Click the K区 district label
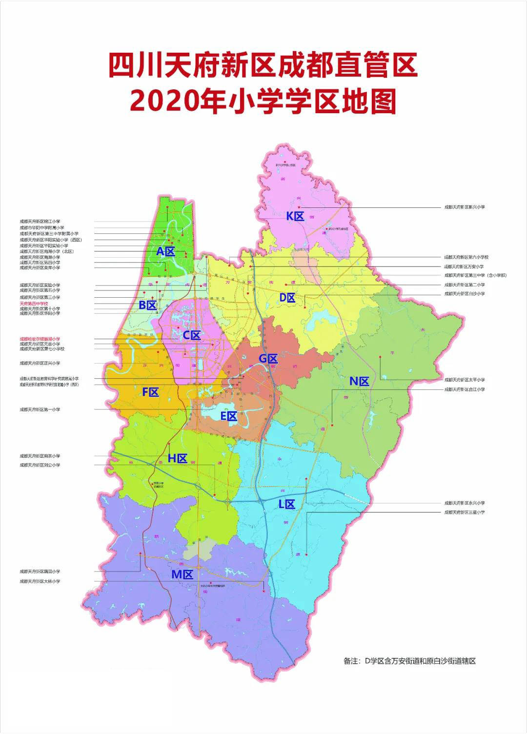click(x=295, y=216)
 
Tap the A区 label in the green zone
click(x=165, y=252)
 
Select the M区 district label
click(x=182, y=575)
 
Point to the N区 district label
click(x=360, y=382)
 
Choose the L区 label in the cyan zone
click(x=287, y=505)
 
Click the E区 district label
click(x=228, y=416)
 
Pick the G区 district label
click(x=268, y=359)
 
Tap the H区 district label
click(x=178, y=458)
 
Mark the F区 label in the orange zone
click(x=150, y=392)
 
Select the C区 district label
click(x=192, y=335)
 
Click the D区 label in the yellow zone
click(x=287, y=298)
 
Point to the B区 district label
click(x=147, y=306)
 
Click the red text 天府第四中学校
click(x=34, y=304)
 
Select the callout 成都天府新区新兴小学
click(x=464, y=207)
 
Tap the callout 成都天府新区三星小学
click(x=464, y=512)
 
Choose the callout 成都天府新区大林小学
click(x=40, y=581)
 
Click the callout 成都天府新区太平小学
click(x=464, y=380)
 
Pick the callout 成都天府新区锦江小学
click(x=40, y=222)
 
